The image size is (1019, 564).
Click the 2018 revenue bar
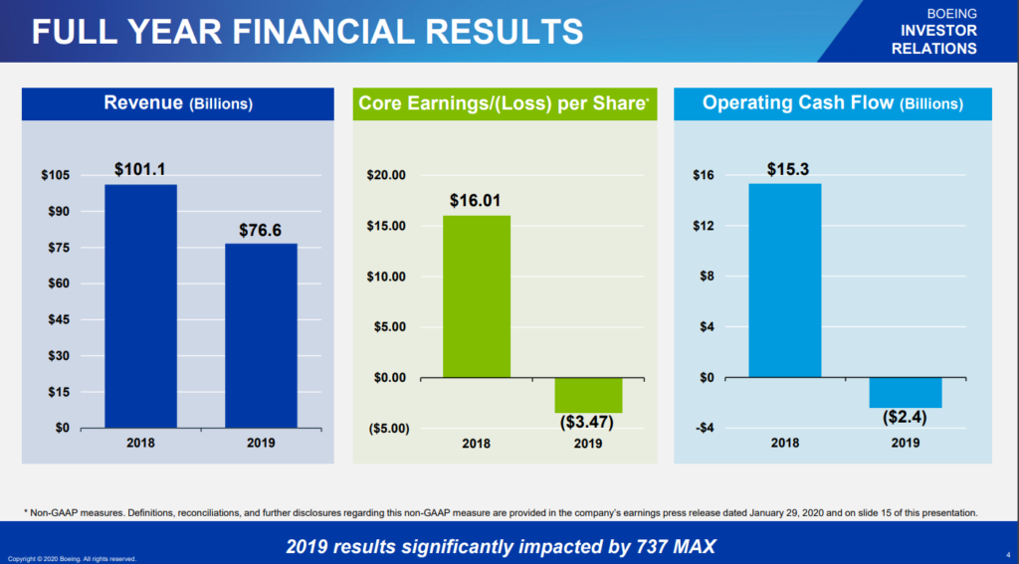pos(140,305)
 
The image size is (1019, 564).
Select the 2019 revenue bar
pos(261,335)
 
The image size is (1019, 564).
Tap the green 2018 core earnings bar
pos(476,296)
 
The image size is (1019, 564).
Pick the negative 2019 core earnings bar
pos(588,395)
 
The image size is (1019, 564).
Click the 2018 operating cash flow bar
pos(785,281)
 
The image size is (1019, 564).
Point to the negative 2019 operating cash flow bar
pos(906,392)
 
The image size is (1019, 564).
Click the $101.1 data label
pos(140,169)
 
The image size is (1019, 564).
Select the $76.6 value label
pos(261,230)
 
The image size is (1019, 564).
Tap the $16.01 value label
pos(476,200)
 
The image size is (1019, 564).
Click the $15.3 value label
pos(785,169)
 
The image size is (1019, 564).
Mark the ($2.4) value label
pos(906,418)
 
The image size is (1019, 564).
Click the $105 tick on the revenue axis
pos(55,176)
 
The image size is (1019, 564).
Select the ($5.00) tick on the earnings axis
pos(388,429)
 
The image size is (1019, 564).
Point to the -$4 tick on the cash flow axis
pos(704,429)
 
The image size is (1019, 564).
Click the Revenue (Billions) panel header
pos(178,103)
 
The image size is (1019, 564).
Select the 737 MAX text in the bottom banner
pos(667,546)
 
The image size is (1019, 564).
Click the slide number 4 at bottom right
pos(1007,555)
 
